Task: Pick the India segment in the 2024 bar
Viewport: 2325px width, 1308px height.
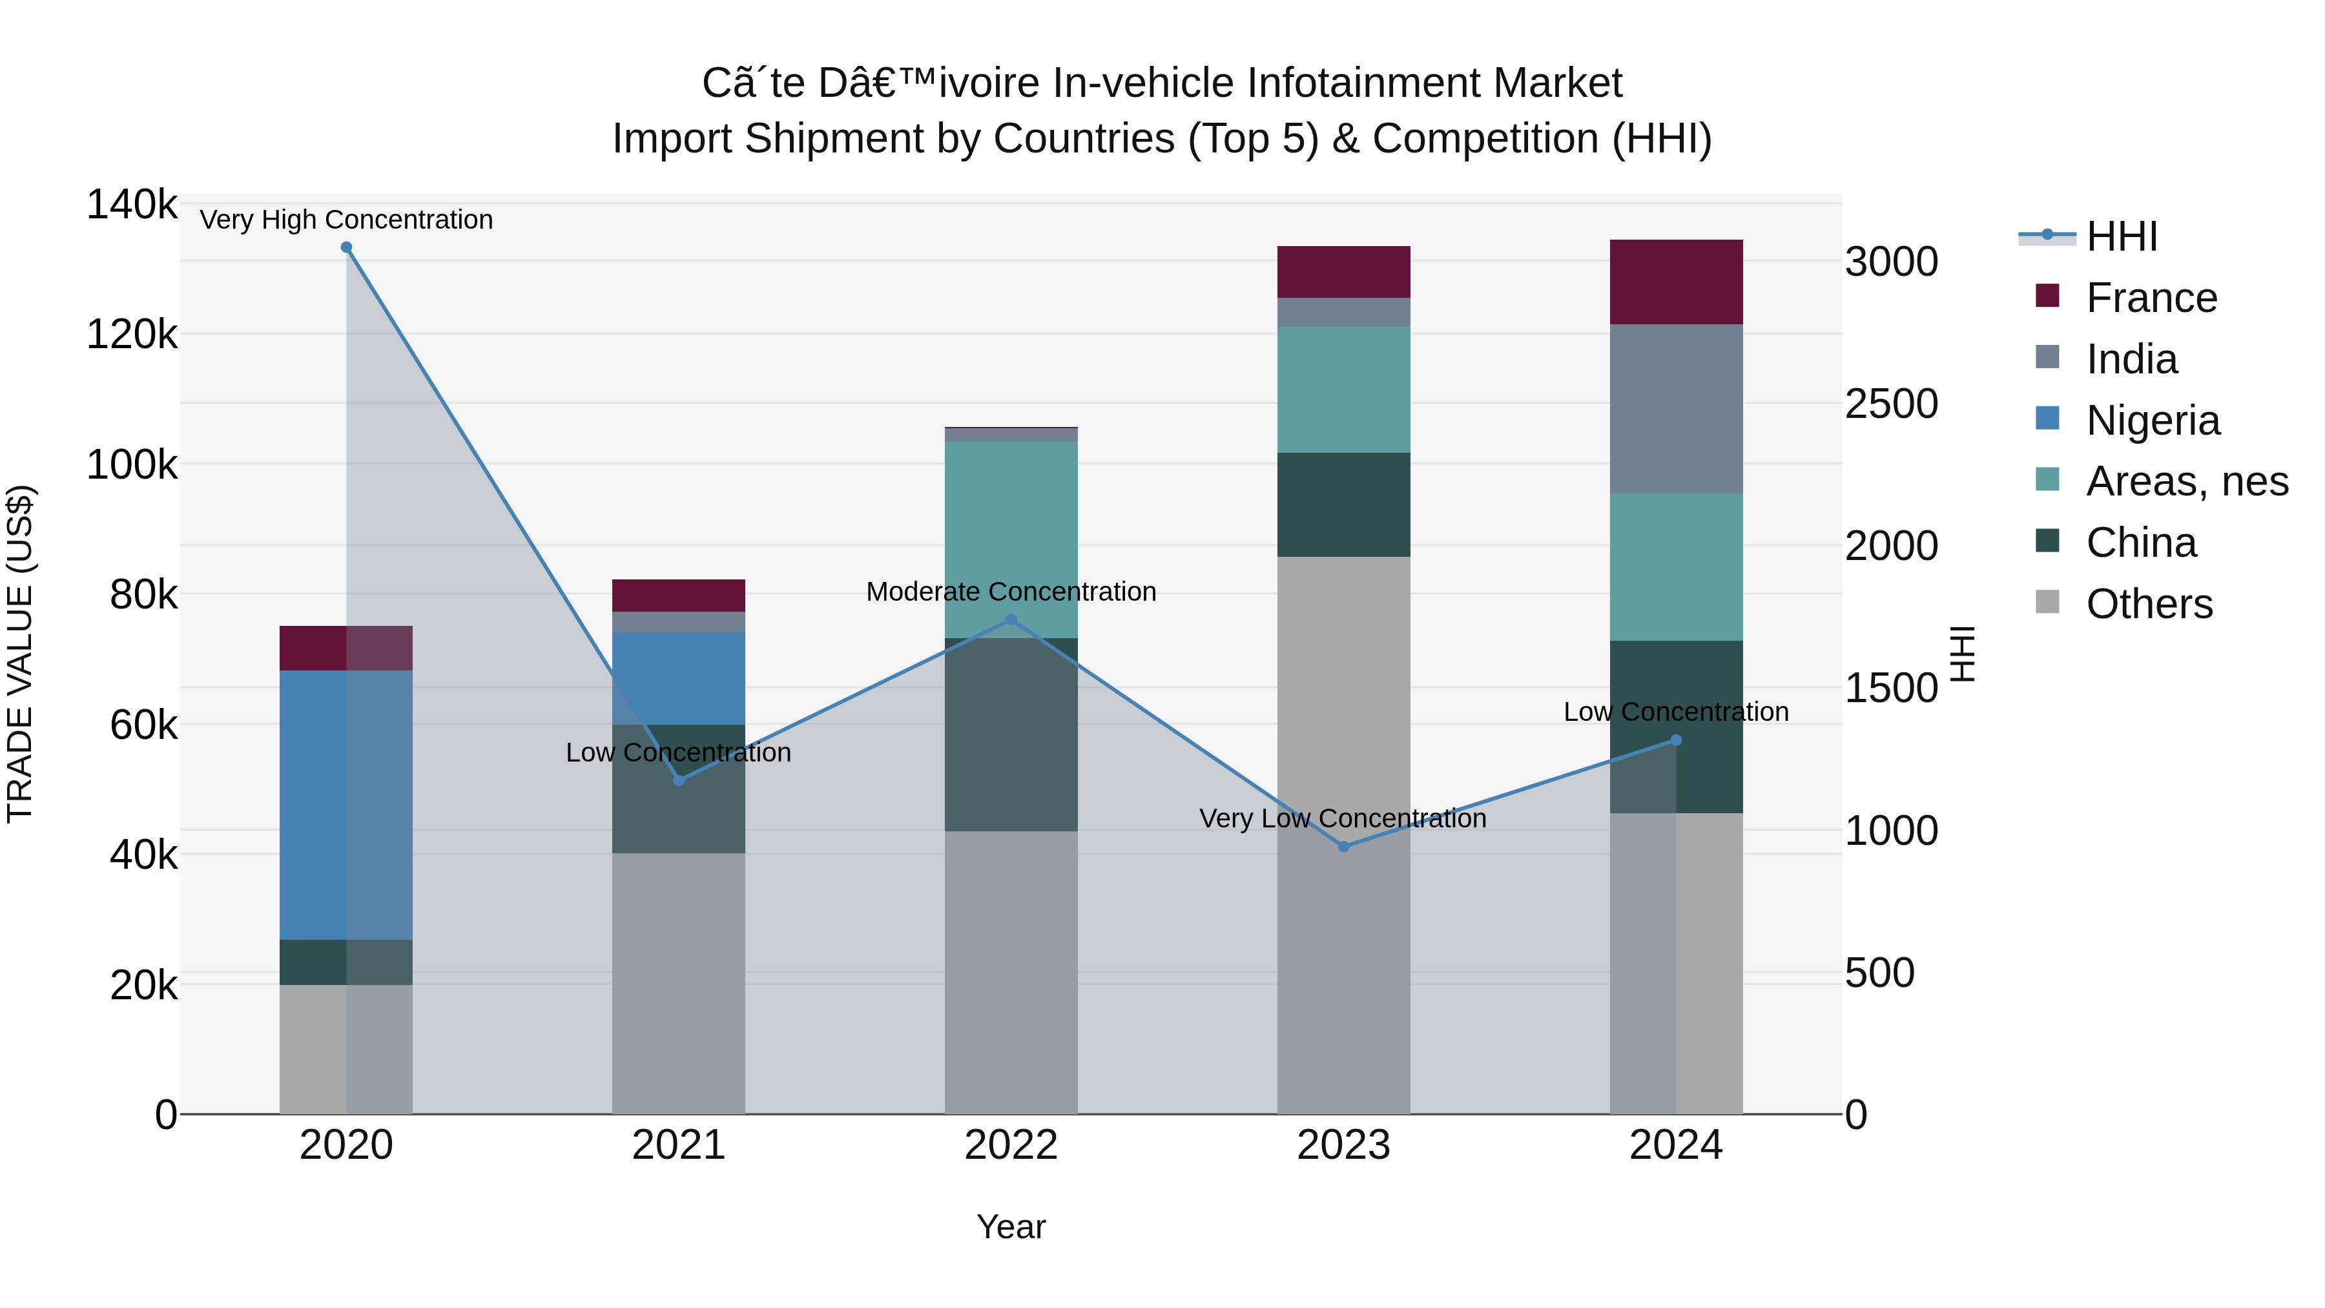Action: click(x=1676, y=408)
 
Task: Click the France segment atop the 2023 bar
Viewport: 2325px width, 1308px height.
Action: click(x=1343, y=272)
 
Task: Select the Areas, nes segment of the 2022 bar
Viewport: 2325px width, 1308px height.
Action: click(x=1011, y=540)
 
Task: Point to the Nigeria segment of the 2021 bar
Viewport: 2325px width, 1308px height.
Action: click(x=679, y=678)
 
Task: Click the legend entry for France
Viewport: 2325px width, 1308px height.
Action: click(x=2151, y=298)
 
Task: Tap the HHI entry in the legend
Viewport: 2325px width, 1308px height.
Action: click(x=2121, y=236)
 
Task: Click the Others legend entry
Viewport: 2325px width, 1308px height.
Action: click(x=2148, y=604)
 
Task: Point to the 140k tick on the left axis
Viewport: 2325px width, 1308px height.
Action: click(x=132, y=205)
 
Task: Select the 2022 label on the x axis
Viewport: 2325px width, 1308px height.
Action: click(x=1011, y=1145)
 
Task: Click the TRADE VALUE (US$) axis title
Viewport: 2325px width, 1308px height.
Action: click(x=20, y=654)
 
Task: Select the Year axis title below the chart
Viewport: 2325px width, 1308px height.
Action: click(x=1011, y=1227)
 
